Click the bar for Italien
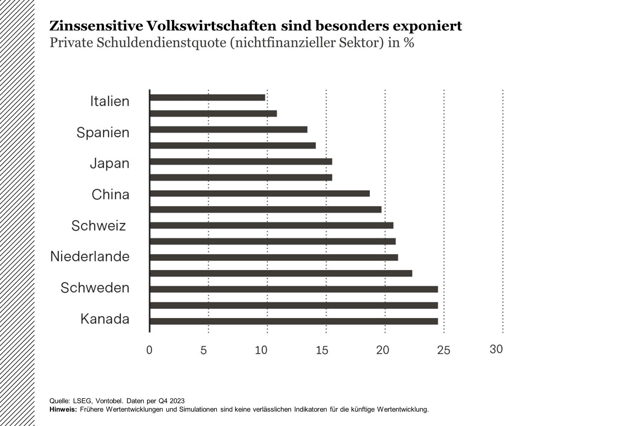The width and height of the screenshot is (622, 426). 207,97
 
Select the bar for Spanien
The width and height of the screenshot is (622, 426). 228,129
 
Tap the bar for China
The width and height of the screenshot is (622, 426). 259,193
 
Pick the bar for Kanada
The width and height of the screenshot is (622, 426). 294,321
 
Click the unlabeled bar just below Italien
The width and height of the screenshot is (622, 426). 213,113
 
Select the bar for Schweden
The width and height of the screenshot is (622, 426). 294,289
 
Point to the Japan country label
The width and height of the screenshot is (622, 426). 109,163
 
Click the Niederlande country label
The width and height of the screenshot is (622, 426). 90,256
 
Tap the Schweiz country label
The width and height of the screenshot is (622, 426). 98,225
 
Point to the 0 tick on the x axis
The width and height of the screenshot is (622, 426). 149,350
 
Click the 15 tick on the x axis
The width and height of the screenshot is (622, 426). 322,350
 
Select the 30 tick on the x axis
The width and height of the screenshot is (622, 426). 496,349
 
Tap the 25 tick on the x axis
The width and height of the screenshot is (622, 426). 443,350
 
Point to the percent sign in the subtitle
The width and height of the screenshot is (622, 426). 409,43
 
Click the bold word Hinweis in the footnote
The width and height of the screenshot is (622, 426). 63,409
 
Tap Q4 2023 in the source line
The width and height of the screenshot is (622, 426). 171,401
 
